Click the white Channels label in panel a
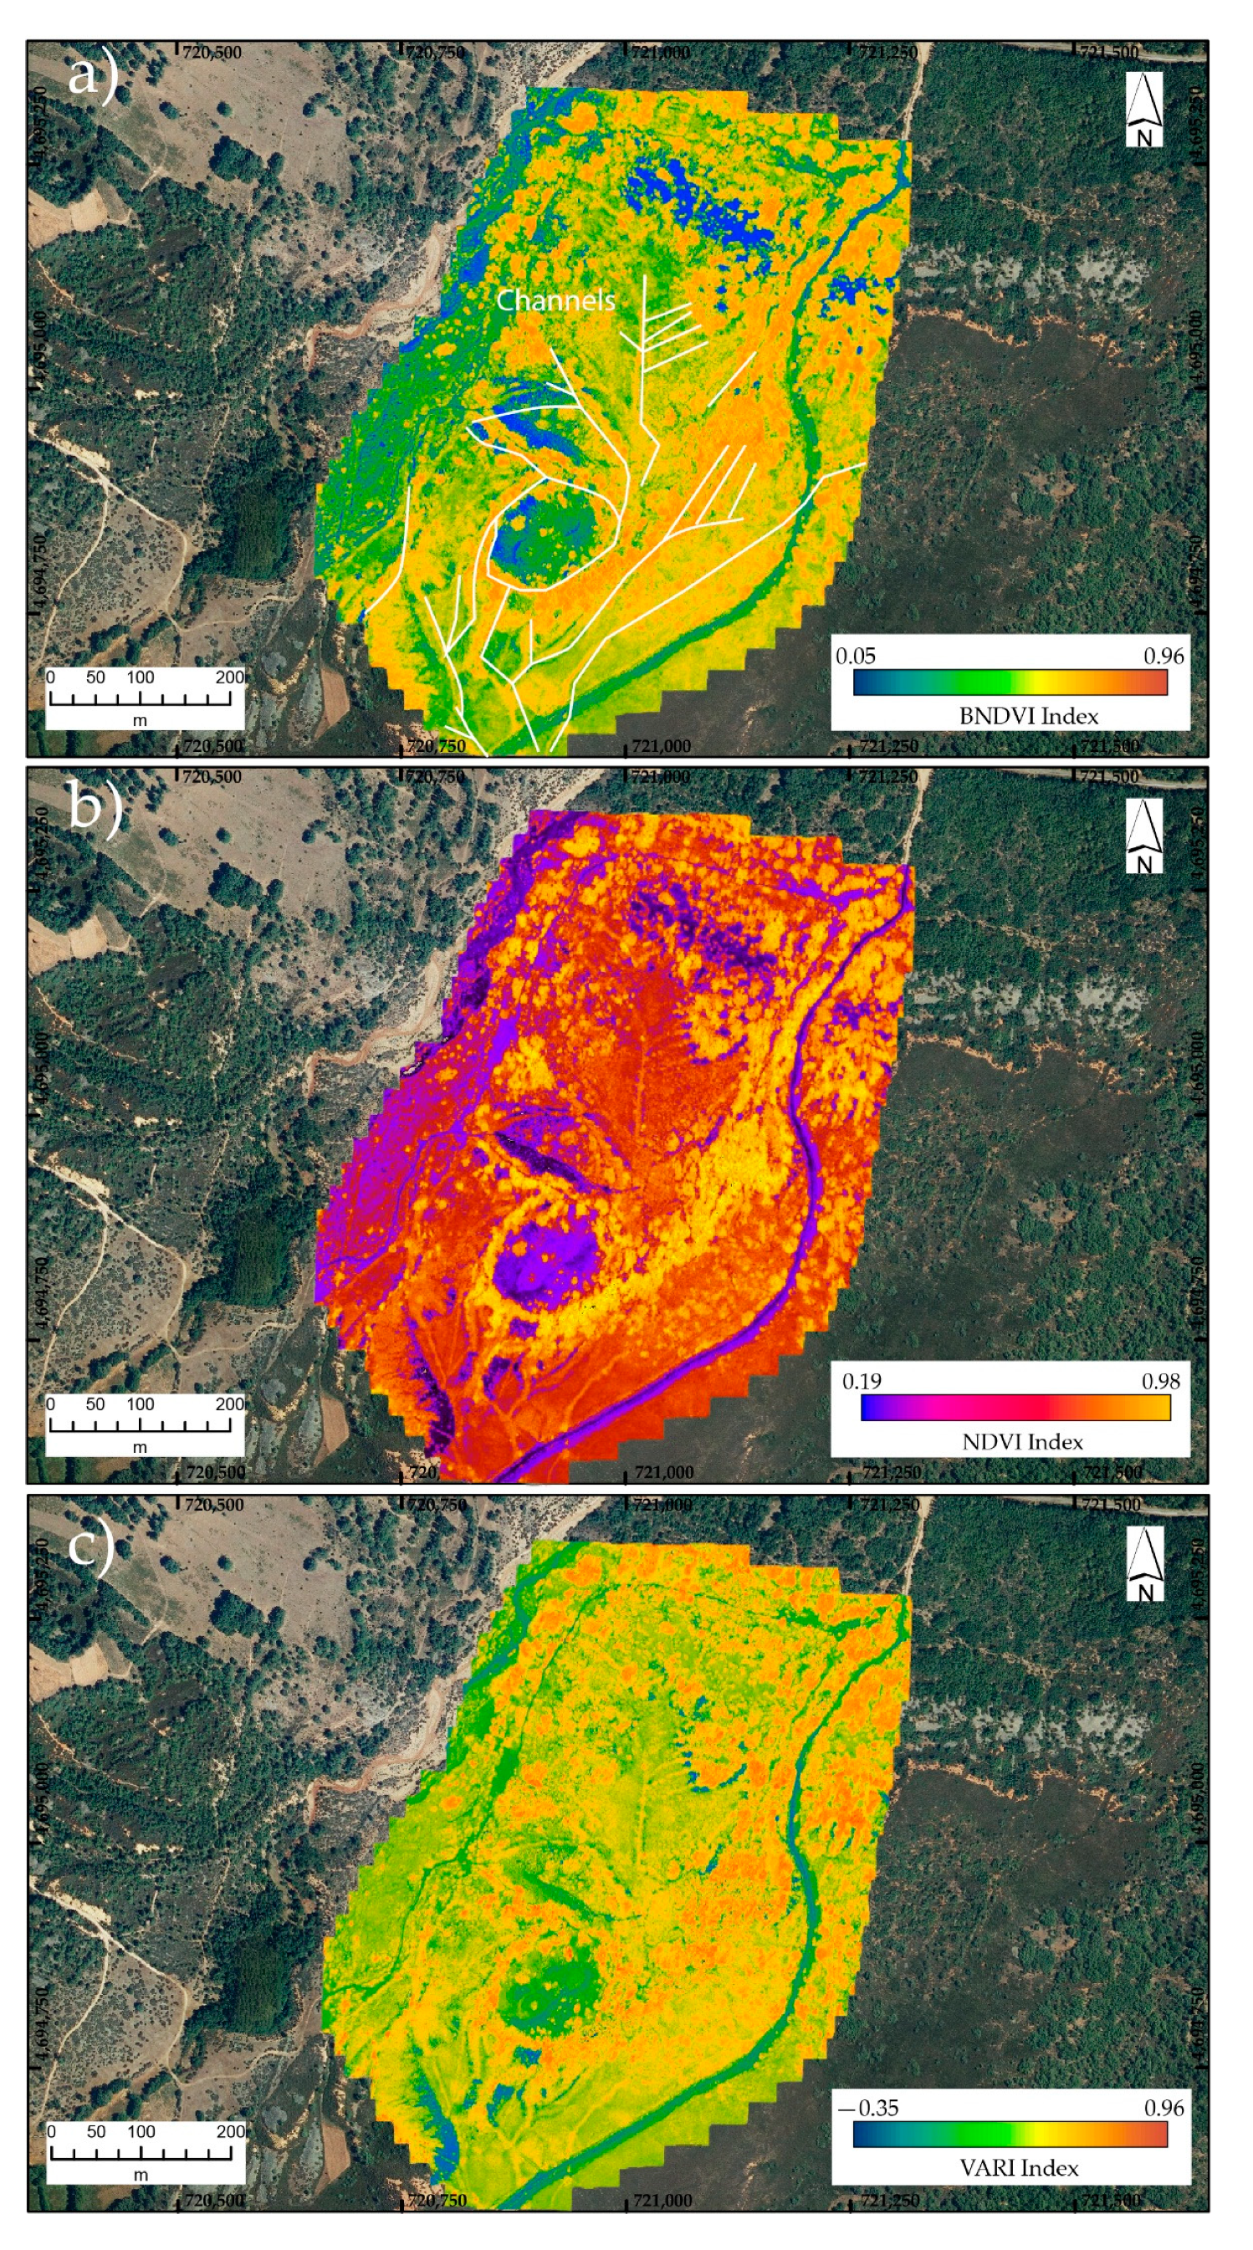555,300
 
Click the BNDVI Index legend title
1028,716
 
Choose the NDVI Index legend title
1021,1442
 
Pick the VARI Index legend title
1018,2168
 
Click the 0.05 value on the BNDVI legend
855,656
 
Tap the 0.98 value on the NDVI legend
1160,1382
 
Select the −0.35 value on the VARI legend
867,2108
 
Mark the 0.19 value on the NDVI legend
861,1382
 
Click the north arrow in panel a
1143,110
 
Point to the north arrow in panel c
1145,1564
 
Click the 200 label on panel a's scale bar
230,677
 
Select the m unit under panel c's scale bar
141,2175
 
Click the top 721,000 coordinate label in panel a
660,53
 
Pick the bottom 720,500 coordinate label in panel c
214,2199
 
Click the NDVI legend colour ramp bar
1015,1408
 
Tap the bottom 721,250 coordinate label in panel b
890,1473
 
